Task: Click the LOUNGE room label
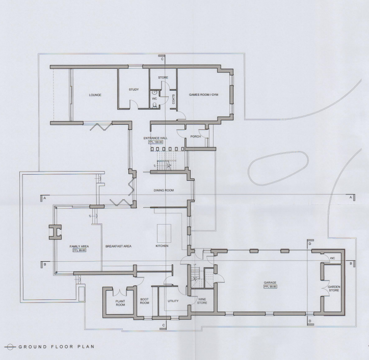coord(95,95)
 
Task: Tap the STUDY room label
coord(134,90)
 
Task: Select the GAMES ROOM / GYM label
coord(203,95)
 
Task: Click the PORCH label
coord(194,136)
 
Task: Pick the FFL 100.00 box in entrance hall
coord(156,142)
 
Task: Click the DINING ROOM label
coord(164,190)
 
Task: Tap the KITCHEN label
coord(162,246)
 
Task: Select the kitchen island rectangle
coord(164,233)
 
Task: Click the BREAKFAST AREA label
coord(118,246)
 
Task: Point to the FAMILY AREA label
coord(79,246)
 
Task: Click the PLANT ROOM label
coord(120,303)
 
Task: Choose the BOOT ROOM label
coord(144,301)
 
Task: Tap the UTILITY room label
coord(173,301)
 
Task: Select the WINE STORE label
coord(202,301)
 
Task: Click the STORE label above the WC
coord(163,77)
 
